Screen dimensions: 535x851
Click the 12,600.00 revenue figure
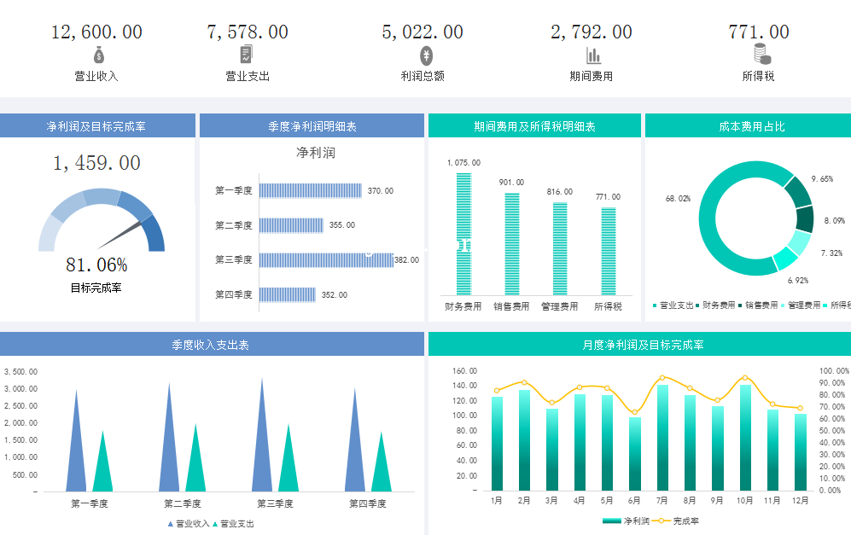point(96,32)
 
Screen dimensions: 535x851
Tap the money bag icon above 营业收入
point(99,55)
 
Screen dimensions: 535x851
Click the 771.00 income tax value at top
point(758,32)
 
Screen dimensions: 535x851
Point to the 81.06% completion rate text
point(96,265)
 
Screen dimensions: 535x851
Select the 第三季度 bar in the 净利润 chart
point(326,260)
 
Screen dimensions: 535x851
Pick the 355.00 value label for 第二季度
point(341,225)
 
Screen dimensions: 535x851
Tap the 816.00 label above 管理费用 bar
point(560,192)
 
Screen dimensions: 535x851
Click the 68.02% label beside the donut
point(678,199)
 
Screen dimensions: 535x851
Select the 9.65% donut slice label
point(821,179)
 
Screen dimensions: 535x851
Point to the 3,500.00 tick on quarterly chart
point(21,372)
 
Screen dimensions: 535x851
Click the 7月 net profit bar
point(662,437)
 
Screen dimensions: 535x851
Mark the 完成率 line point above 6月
point(634,412)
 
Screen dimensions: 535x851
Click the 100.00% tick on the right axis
point(834,371)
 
